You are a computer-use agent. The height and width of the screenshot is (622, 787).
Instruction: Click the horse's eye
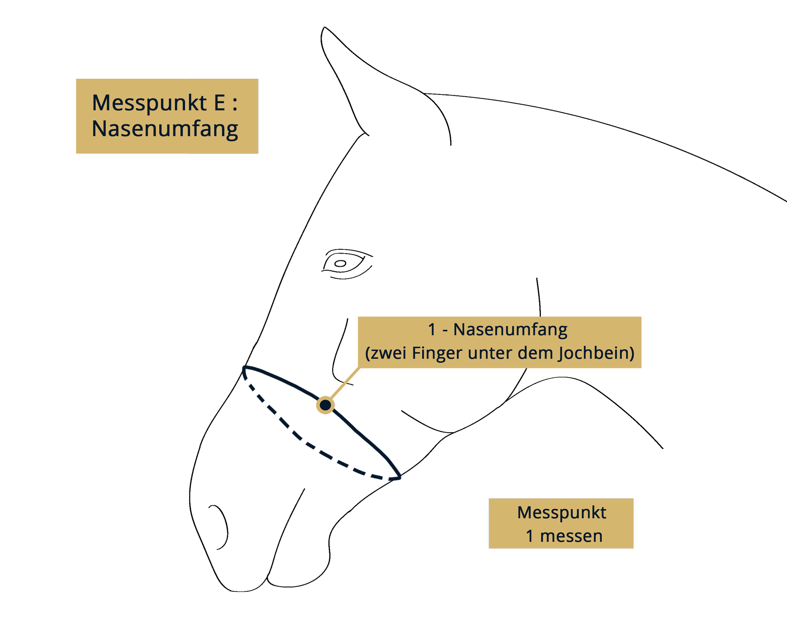(341, 264)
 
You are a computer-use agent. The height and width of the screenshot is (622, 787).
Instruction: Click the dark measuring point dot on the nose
(325, 405)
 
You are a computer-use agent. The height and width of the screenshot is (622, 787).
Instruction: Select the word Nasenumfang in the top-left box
(165, 129)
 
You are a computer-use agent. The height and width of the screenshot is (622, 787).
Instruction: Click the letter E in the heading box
(219, 103)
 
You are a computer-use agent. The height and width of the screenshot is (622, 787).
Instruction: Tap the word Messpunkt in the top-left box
(149, 103)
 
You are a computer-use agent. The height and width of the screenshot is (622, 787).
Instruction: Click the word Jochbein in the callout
(595, 353)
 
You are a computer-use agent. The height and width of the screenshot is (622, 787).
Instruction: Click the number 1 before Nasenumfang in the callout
(432, 330)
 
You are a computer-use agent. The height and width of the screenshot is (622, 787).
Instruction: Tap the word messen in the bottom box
(571, 536)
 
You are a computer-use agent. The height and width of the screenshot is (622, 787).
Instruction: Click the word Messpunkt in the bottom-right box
(561, 513)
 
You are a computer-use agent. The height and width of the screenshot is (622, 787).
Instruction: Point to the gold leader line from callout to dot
(345, 383)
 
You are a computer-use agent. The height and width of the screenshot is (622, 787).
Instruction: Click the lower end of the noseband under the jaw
(398, 477)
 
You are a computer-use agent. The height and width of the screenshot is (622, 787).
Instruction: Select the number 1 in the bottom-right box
(529, 536)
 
